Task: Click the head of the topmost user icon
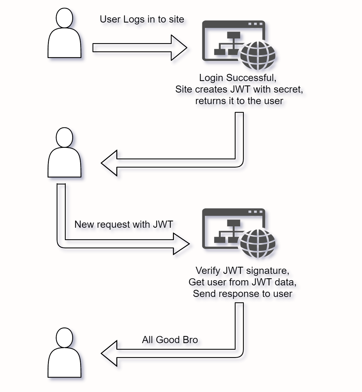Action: [64, 18]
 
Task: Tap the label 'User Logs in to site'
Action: [142, 19]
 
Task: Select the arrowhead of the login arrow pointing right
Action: [179, 48]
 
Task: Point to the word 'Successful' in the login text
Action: [250, 78]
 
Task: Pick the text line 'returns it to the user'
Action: [239, 101]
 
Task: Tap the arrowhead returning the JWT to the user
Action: [110, 163]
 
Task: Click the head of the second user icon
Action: [64, 137]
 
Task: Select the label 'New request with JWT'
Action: [124, 224]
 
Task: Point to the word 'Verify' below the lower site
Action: [208, 271]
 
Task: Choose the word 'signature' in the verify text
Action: [267, 271]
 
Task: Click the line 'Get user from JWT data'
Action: [242, 282]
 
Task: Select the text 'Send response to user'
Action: [242, 294]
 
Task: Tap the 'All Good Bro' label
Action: [170, 340]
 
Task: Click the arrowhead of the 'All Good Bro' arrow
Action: [110, 353]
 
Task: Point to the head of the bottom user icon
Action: [64, 338]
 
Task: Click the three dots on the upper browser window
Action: [255, 24]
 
